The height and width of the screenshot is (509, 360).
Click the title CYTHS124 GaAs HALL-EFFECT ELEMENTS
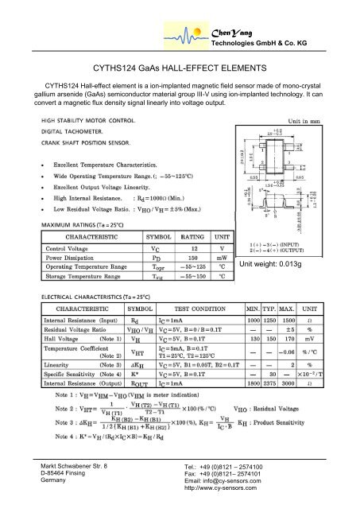tap(180, 69)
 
